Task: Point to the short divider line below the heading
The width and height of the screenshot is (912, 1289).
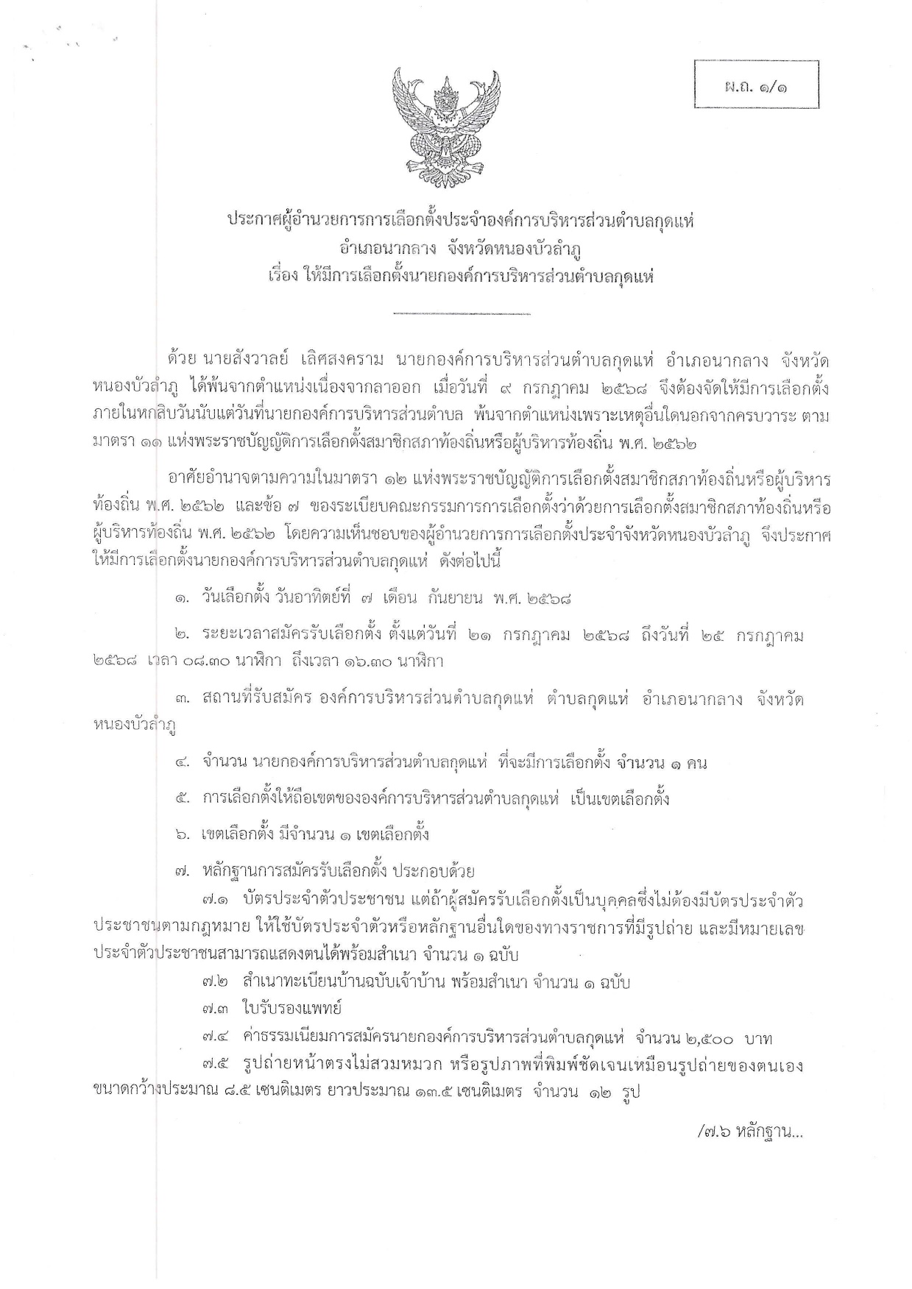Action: pos(462,314)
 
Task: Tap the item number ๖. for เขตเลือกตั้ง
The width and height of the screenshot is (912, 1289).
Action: pos(183,835)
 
